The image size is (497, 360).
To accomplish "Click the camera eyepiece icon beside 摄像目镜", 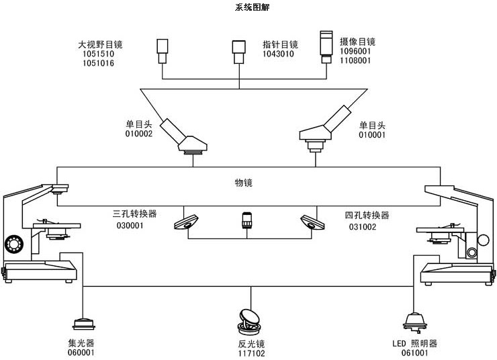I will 326,46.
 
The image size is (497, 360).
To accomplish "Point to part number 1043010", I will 278,54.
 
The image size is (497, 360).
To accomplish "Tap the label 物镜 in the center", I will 243,183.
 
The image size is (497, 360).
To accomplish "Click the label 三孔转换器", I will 134,215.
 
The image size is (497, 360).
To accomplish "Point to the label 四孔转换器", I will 367,216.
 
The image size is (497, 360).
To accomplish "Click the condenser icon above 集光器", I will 84,324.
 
